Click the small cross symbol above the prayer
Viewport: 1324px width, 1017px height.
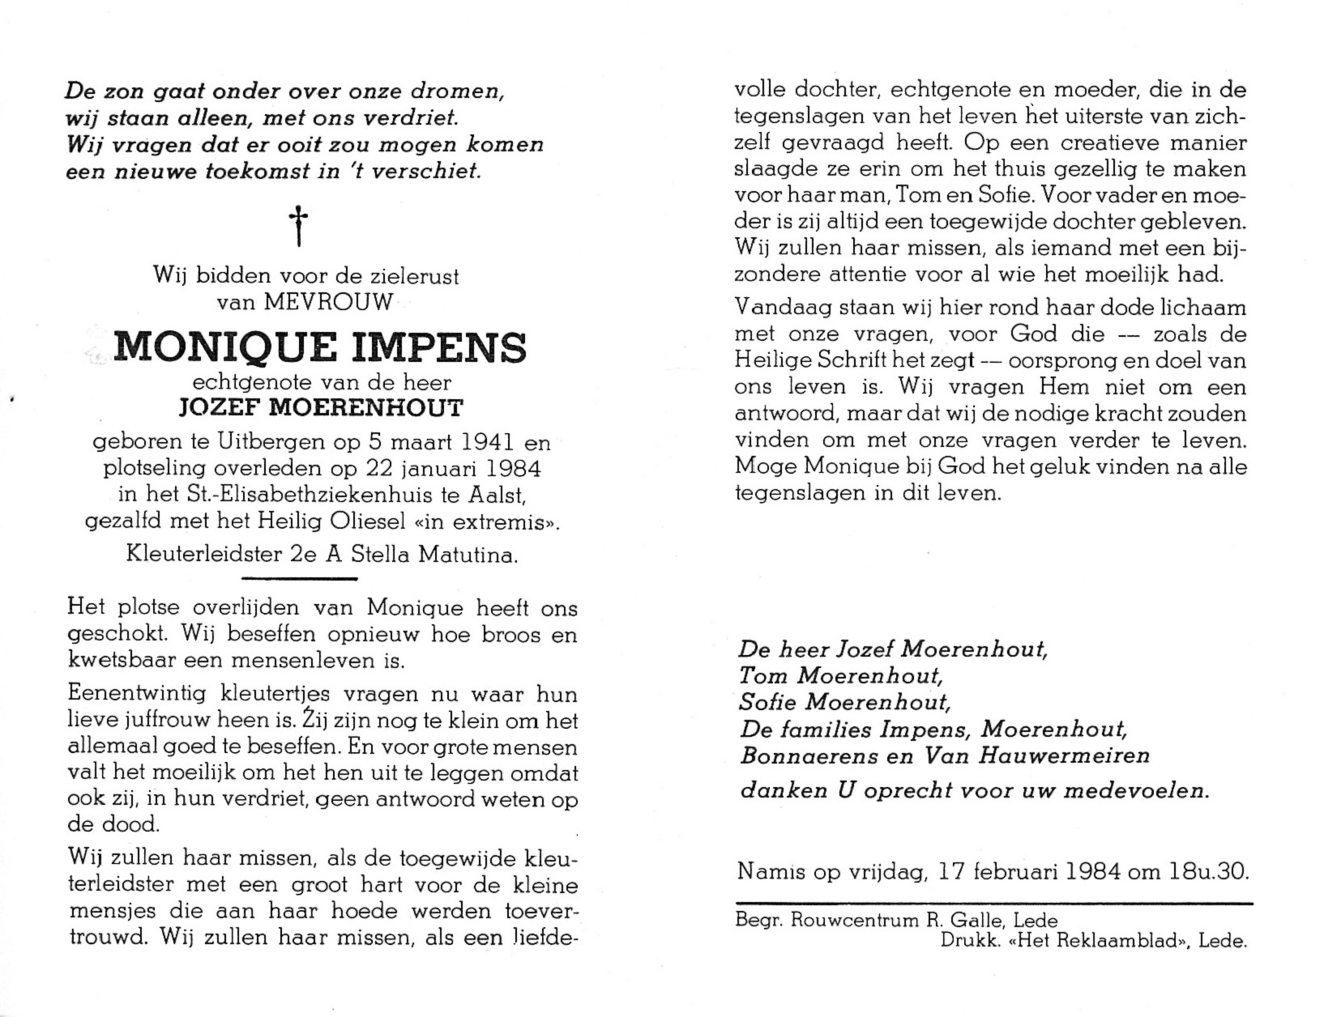[299, 226]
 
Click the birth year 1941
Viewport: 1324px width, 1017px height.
[463, 443]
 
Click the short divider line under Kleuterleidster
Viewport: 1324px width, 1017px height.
[300, 578]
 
